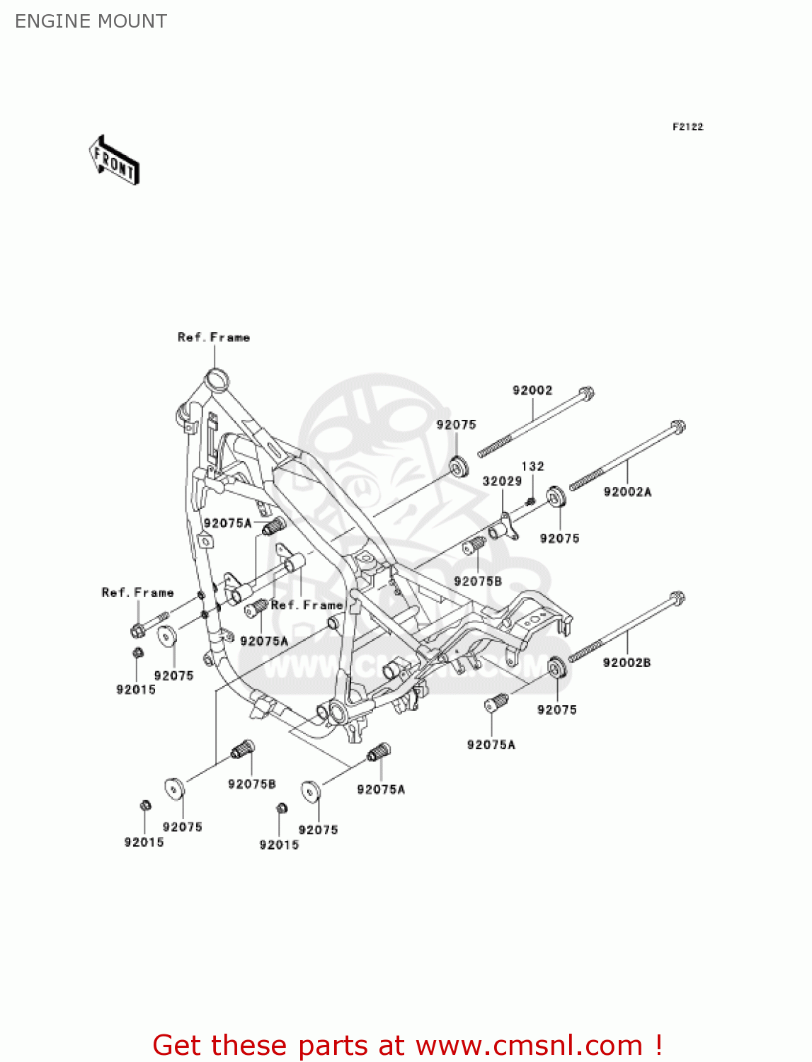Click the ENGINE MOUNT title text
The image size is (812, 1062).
tap(91, 21)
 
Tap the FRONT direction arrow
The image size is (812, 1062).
tap(114, 161)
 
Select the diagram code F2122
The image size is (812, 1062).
tap(687, 127)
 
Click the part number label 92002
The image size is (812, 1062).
tap(532, 390)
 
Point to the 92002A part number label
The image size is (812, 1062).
tap(627, 492)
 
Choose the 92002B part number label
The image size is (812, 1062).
tap(627, 663)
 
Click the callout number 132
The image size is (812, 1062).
tap(532, 466)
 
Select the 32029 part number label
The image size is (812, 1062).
tap(502, 481)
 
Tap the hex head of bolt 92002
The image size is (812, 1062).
tap(586, 393)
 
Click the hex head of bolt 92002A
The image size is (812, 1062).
tap(677, 428)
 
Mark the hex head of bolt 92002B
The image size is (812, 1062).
tap(677, 599)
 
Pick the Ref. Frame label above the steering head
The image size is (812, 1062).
tap(214, 338)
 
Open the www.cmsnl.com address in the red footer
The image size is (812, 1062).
tap(529, 1046)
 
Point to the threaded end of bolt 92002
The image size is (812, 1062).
tap(494, 447)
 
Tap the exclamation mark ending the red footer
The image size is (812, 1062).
tap(658, 1045)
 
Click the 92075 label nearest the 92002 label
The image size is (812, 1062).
tap(456, 425)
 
